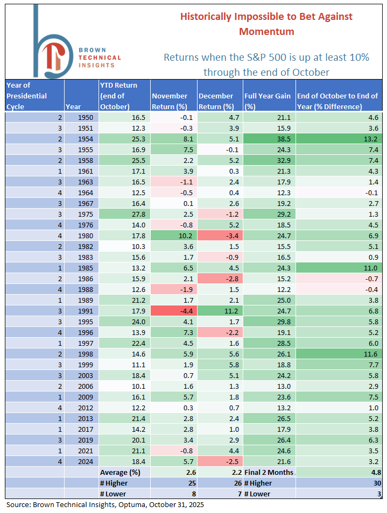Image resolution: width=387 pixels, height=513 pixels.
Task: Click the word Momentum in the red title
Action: point(267,31)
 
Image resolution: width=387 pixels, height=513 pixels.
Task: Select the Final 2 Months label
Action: point(269,473)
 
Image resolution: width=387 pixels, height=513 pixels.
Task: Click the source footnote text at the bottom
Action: point(105,505)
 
